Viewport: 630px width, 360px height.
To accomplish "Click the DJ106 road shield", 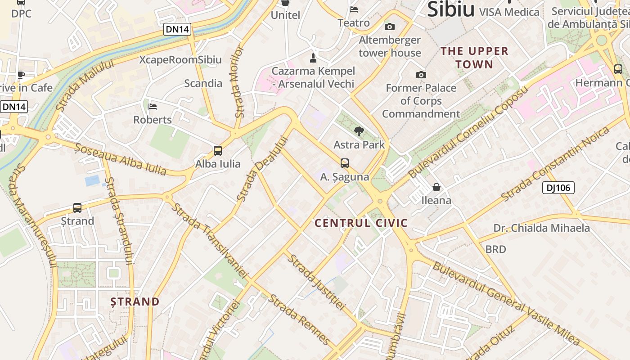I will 558,188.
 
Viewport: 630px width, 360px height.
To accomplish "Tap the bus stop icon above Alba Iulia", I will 218,151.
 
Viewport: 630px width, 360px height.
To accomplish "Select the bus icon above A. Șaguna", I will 345,163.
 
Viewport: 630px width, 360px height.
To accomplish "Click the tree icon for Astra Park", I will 359,131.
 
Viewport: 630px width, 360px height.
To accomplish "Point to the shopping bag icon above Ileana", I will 436,187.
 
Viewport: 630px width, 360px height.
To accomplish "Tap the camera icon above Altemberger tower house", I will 390,27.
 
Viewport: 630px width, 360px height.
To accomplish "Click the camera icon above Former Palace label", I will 421,75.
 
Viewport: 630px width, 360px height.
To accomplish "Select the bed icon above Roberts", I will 153,107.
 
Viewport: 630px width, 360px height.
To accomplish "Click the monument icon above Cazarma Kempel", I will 313,58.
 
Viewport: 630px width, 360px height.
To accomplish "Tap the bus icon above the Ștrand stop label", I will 77,208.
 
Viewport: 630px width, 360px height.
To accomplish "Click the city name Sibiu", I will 450,10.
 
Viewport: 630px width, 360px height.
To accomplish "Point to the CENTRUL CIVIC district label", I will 361,223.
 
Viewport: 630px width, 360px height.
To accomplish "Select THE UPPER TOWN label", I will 474,58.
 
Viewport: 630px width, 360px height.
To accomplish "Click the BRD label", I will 495,249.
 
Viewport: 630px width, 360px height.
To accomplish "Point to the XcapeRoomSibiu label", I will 180,60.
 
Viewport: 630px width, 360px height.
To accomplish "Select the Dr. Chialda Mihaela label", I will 541,228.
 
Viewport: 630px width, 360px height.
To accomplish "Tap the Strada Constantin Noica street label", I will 557,163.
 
